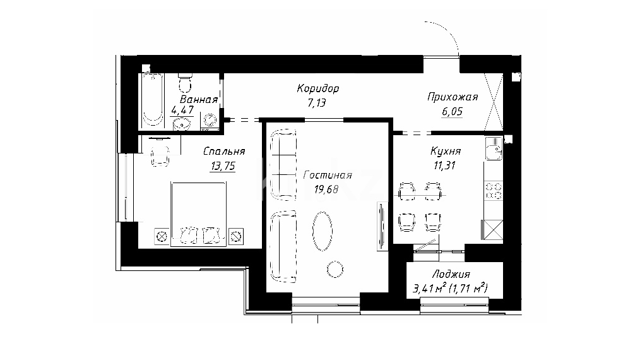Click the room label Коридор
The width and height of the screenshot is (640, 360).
pos(318,88)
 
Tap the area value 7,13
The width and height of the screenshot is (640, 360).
pos(317,102)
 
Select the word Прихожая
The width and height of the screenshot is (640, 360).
pos(453,97)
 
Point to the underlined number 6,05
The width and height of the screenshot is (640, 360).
pos(453,112)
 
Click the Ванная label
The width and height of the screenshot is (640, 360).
pos(199,100)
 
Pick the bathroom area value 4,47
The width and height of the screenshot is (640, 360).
pos(182,111)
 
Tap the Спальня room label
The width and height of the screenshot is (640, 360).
pos(224,151)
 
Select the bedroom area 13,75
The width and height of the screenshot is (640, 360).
pos(223,166)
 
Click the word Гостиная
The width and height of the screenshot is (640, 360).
pos(328,176)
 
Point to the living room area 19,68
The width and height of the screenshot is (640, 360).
pos(326,189)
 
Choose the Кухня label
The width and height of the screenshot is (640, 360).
pos(446,151)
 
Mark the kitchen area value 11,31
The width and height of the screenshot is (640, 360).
pos(445,165)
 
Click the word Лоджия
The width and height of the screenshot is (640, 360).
pos(451,274)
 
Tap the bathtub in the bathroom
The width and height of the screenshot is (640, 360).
pos(153,100)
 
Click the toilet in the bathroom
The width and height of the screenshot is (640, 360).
pos(186,83)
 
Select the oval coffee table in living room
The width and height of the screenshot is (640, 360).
pos(323,231)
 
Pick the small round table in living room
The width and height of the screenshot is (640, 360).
pos(335,269)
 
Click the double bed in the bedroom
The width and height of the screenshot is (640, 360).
pos(198,214)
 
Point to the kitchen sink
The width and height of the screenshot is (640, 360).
pos(494,148)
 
